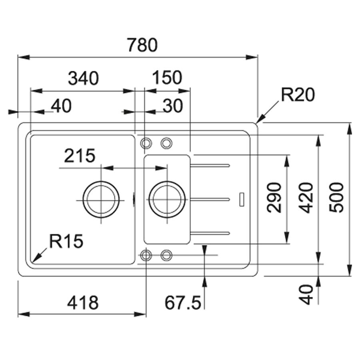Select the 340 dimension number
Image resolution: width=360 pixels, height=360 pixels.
[84, 78]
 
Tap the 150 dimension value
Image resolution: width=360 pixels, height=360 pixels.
[167, 77]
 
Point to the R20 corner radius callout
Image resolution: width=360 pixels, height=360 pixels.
[298, 95]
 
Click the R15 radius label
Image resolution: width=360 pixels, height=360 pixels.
[66, 241]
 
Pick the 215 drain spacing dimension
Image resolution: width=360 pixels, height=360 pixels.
[80, 156]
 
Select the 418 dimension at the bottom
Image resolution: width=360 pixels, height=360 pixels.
[83, 302]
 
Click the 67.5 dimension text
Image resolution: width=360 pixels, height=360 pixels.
[183, 303]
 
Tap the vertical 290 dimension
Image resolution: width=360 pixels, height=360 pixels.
[274, 198]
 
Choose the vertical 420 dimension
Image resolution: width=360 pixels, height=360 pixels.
[306, 198]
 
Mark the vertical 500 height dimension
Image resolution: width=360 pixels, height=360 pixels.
[336, 198]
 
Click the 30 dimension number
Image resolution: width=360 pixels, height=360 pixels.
[173, 106]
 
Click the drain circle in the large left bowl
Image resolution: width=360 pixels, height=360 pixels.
[101, 199]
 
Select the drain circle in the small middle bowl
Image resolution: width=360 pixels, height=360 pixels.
[167, 199]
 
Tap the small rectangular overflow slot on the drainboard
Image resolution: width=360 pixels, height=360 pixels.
[242, 199]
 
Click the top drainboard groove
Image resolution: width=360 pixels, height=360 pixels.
[210, 165]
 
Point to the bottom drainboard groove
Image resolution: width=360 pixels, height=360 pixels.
[210, 233]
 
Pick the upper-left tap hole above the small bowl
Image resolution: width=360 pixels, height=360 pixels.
[146, 143]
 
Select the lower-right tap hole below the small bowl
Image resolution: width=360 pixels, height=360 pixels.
[166, 255]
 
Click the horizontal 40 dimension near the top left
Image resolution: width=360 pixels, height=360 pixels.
[61, 106]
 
